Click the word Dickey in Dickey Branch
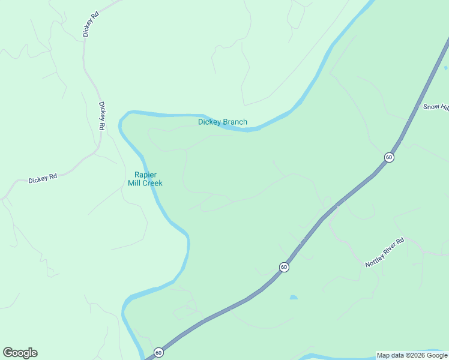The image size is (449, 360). pos(209,122)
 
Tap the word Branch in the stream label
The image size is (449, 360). pos(235,122)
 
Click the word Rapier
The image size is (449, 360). pos(145,175)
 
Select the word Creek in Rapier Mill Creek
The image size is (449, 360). pos(152,183)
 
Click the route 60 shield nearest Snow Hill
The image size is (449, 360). pos(389,157)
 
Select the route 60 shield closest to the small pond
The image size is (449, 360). pos(284,266)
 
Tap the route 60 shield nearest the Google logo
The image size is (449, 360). pos(158,352)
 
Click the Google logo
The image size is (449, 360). pos(20,353)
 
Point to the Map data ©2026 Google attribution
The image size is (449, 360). pos(411,355)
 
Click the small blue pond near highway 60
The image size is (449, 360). pos(293,297)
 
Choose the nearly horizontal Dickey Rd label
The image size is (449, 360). pos(43,178)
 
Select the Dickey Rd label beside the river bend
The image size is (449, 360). pos(103,115)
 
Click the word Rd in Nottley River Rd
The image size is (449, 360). pos(402,242)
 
